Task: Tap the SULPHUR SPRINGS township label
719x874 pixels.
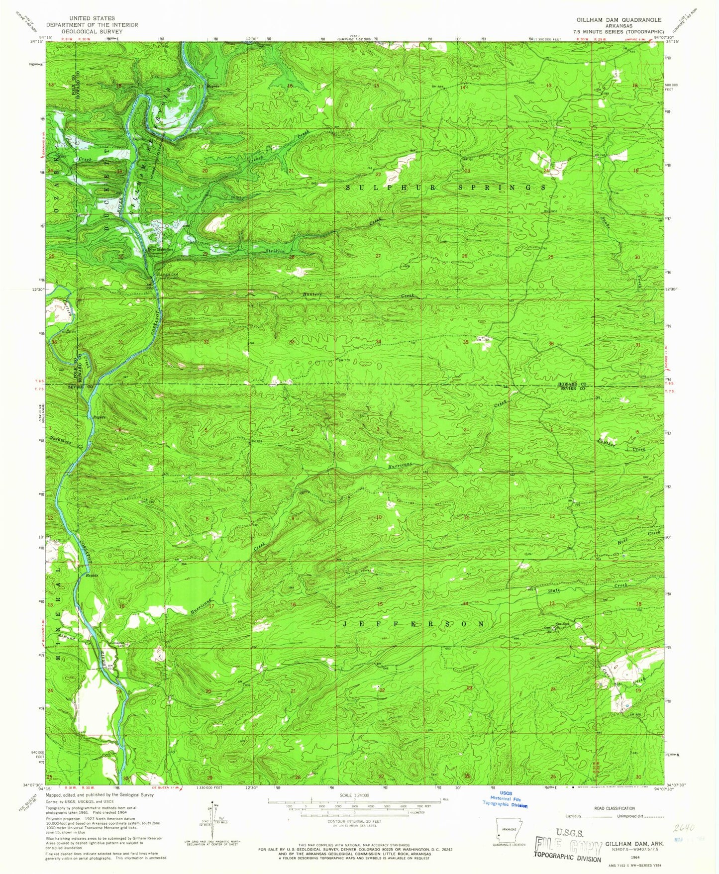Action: point(445,188)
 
